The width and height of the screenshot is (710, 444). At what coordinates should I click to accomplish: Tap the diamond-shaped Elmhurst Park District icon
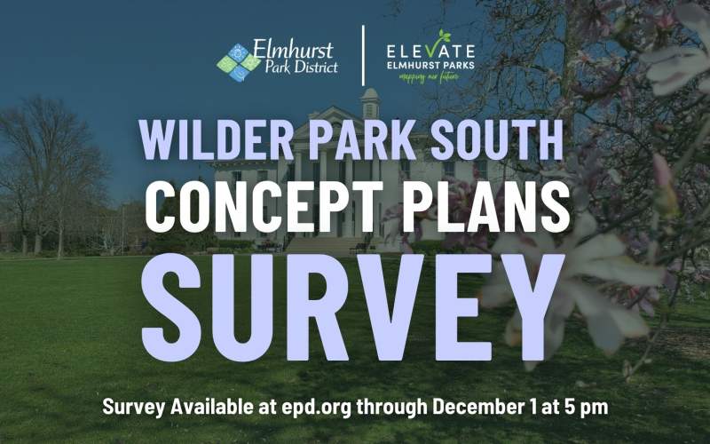[x=238, y=61]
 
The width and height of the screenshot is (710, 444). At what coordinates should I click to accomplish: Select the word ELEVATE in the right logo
[x=430, y=51]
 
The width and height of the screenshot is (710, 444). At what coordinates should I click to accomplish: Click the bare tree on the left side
[x=44, y=169]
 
